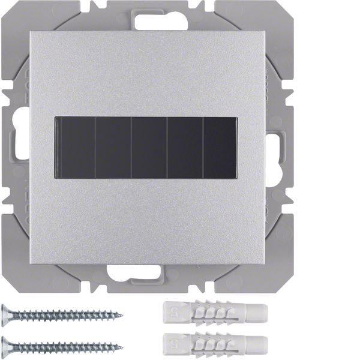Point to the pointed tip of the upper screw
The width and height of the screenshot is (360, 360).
tap(121, 314)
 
